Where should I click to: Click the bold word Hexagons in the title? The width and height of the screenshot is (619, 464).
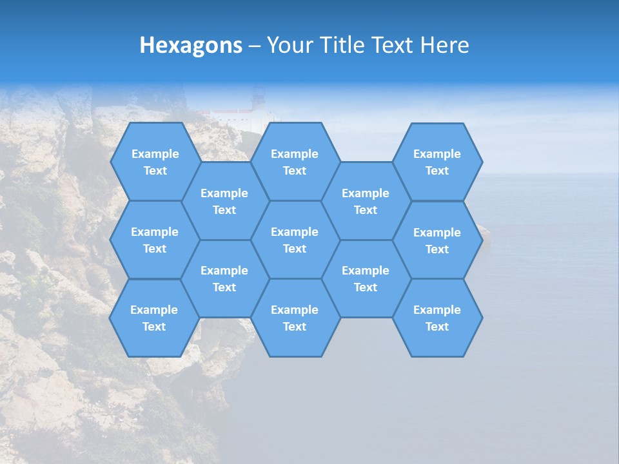191,45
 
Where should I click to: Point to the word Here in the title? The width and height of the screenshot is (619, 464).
445,45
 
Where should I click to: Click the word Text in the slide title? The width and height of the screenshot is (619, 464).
393,45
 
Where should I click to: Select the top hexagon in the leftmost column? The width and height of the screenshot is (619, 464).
155,162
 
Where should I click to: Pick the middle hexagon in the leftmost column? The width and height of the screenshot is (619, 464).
155,240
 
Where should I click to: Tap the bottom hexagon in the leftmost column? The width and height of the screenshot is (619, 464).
154,318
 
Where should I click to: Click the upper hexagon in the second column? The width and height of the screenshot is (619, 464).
224,201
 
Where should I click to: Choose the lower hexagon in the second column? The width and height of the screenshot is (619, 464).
224,278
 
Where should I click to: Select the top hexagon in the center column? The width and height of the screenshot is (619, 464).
295,162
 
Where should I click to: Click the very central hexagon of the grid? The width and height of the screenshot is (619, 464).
295,240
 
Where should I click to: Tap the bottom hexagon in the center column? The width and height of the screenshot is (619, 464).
295,318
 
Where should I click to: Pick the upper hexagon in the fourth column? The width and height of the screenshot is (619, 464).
366,201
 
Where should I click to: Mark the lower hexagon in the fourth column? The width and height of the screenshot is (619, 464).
366,278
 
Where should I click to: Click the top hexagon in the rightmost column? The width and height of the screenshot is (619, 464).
437,162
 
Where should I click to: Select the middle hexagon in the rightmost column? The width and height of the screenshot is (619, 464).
437,240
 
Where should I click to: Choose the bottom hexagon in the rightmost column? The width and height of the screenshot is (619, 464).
437,318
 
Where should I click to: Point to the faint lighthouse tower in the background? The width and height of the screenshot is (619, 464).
259,101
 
